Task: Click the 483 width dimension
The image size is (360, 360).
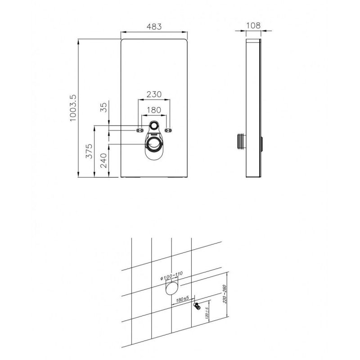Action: click(154, 27)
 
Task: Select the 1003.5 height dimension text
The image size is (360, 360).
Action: click(72, 108)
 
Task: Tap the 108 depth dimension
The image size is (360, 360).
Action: click(253, 26)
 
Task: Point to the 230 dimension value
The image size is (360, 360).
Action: click(154, 94)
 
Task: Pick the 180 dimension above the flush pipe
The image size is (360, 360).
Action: click(154, 110)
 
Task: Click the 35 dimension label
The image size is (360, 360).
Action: click(104, 107)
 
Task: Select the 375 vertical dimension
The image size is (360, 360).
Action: click(89, 151)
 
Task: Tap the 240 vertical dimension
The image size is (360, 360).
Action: click(104, 161)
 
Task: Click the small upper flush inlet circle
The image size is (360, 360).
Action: click(154, 126)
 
